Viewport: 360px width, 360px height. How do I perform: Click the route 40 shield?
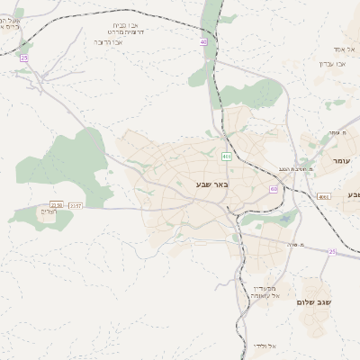(x=203, y=41)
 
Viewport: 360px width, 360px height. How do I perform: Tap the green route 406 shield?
(x=226, y=157)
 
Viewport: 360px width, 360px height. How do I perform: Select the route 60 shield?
(x=274, y=189)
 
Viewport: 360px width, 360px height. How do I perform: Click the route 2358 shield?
(x=57, y=205)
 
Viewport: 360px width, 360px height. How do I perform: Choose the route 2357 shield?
(x=76, y=205)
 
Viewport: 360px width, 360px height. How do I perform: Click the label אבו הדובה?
(x=108, y=41)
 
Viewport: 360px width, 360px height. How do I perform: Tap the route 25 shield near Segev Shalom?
(x=332, y=252)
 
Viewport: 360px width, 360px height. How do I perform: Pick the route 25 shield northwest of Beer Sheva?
(x=24, y=58)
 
